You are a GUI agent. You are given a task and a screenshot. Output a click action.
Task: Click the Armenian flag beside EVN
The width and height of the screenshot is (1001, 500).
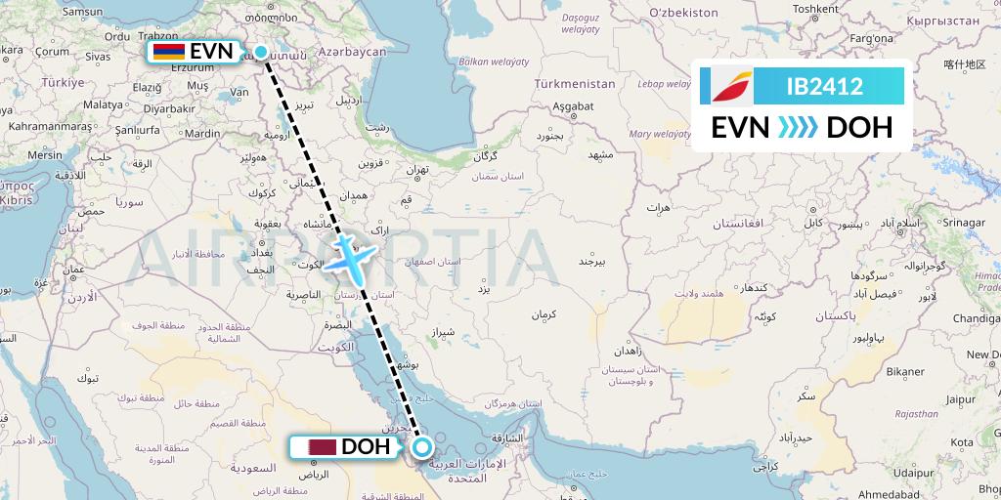pos(168,51)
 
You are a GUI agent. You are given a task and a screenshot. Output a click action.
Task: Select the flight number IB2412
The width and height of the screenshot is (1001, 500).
pos(824,87)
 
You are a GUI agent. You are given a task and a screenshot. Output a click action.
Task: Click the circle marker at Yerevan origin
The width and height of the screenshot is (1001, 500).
pos(261,51)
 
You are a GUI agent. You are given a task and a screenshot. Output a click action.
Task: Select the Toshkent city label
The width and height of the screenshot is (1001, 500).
pos(815,9)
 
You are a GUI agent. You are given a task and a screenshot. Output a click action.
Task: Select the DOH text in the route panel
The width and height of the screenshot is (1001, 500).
pos(859,127)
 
